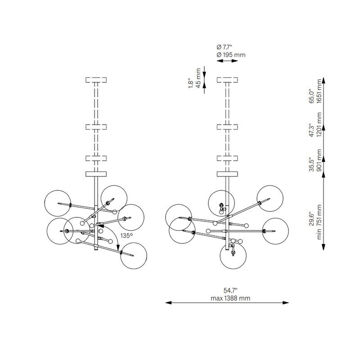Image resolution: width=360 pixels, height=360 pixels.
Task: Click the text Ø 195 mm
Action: (x=231, y=54)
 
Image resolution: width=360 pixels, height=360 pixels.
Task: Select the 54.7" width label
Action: (x=230, y=291)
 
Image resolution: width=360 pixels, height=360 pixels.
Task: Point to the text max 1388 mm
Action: (x=230, y=298)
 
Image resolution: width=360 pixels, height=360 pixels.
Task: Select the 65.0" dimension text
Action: (x=311, y=96)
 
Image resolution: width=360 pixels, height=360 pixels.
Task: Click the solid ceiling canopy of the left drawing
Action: (x=96, y=174)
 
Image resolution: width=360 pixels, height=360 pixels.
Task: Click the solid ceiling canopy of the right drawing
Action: (x=227, y=174)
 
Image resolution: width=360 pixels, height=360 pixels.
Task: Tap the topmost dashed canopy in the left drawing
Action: (x=96, y=81)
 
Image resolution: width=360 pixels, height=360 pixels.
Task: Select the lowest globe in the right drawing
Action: (x=233, y=255)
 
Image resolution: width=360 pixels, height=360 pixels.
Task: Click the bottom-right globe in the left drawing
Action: (x=134, y=256)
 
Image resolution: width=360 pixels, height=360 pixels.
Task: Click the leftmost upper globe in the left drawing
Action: (x=58, y=203)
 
